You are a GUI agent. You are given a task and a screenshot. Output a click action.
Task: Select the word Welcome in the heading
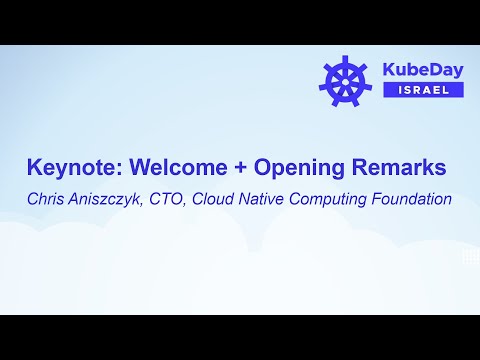pyautogui.click(x=172, y=166)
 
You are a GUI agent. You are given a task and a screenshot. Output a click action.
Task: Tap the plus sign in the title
pyautogui.click(x=232, y=167)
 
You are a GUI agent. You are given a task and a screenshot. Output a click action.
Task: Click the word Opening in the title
pyautogui.click(x=286, y=167)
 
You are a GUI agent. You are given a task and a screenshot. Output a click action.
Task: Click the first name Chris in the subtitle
pyautogui.click(x=47, y=198)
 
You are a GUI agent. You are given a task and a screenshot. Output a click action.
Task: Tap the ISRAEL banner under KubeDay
pyautogui.click(x=423, y=89)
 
